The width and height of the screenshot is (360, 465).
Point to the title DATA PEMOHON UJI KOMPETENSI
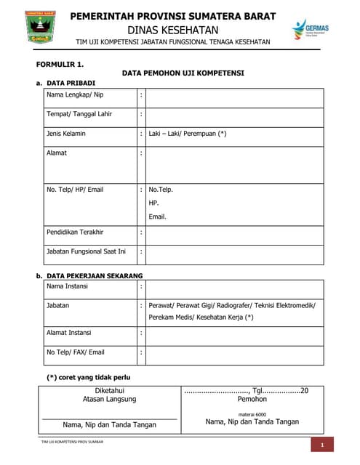coord(183,73)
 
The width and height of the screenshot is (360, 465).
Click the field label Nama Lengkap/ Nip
coord(74,95)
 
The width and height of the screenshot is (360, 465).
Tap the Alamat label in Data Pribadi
coord(58,153)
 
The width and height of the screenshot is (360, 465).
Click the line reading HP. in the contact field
coord(153,203)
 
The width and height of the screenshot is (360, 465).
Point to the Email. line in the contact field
coord(158,217)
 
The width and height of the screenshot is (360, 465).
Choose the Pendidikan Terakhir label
coord(75,232)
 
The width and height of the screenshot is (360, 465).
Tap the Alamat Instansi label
coord(69,332)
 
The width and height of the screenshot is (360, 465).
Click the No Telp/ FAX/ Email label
coord(76,352)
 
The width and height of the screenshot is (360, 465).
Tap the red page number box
coord(321,445)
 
